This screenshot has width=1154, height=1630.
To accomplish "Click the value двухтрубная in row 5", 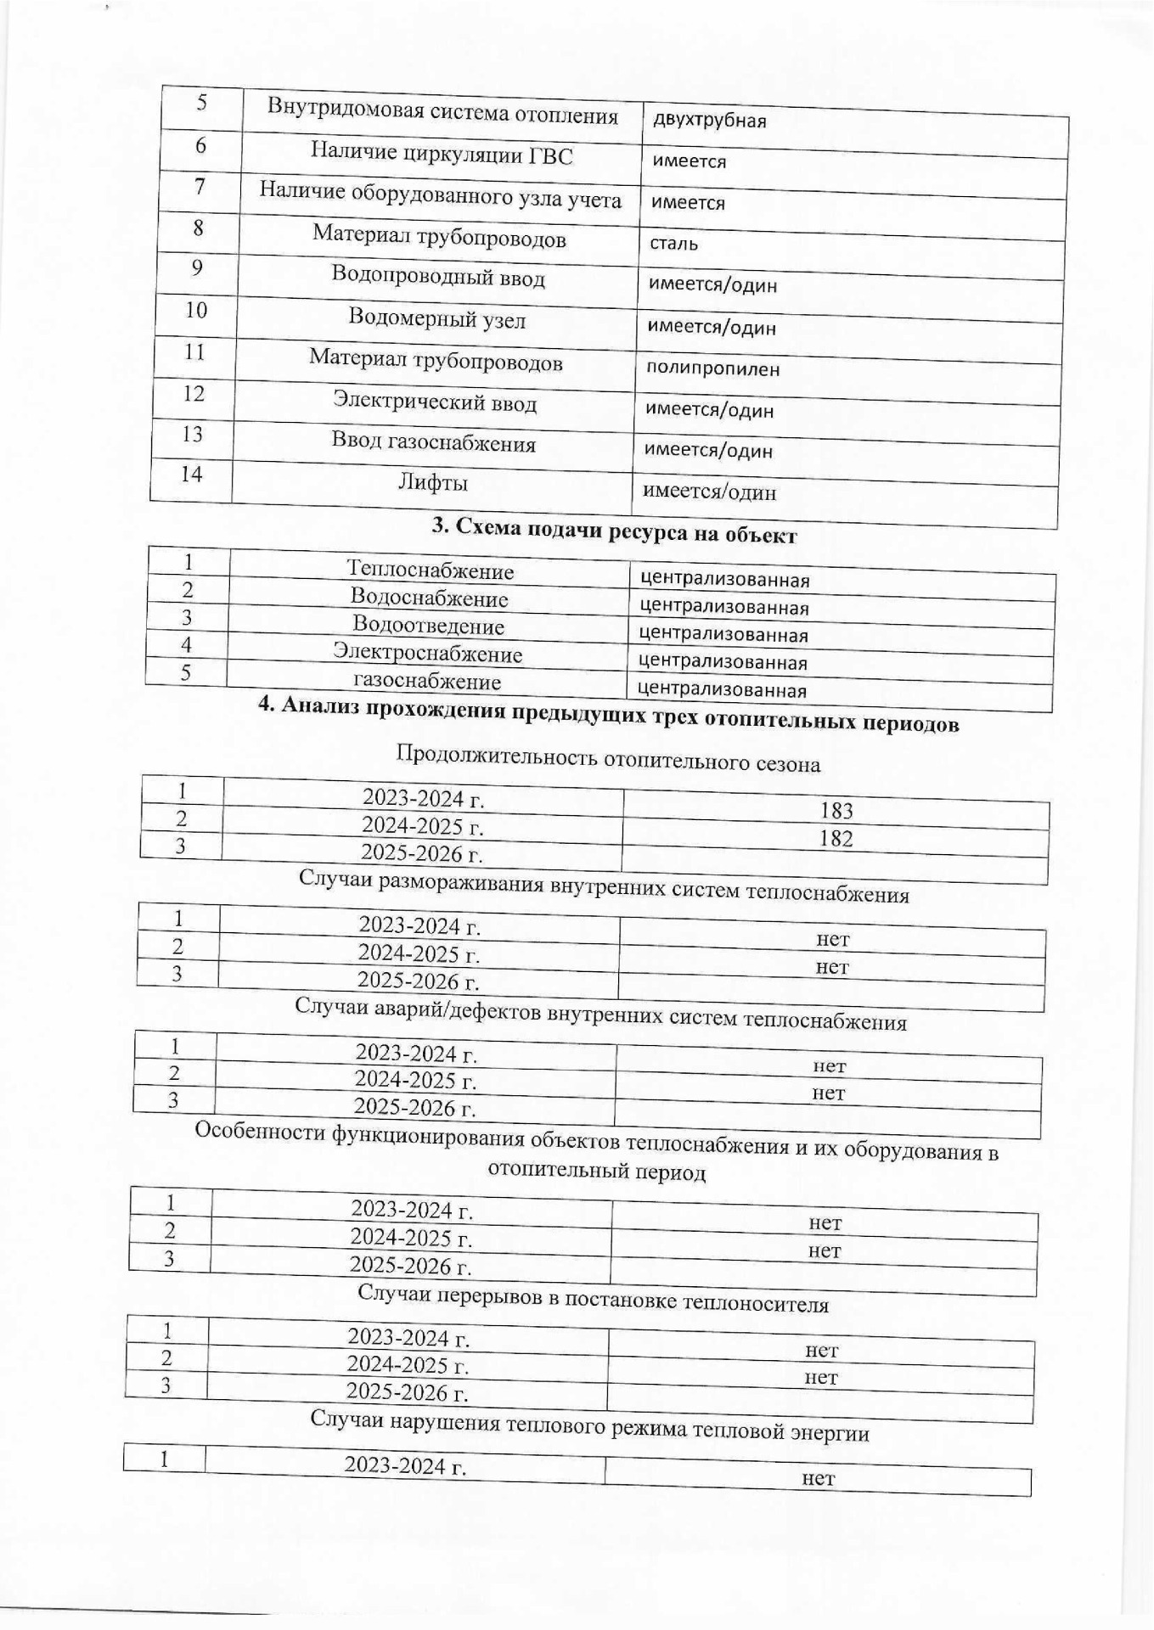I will [x=709, y=121].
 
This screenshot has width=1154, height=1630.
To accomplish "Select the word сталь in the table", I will [x=674, y=244].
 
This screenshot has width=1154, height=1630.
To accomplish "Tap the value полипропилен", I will [x=712, y=369].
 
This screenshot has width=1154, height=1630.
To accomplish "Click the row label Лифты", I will [x=433, y=484].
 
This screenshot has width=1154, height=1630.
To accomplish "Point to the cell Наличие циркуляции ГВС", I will [x=441, y=155].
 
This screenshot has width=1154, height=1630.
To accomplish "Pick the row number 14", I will [x=191, y=474].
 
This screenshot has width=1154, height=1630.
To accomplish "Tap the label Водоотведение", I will [x=428, y=627].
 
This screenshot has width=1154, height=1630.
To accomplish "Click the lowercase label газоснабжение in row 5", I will [x=426, y=682].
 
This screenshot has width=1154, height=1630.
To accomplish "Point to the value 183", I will [x=836, y=811].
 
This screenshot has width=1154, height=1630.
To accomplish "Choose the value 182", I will [x=836, y=839].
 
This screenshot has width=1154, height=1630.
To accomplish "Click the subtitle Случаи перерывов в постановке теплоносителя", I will [x=593, y=1300].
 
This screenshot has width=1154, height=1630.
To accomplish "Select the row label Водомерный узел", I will [x=436, y=320].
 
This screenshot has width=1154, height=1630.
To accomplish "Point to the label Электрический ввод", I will [x=434, y=402].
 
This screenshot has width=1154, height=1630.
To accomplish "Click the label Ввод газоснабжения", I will [x=433, y=443].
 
